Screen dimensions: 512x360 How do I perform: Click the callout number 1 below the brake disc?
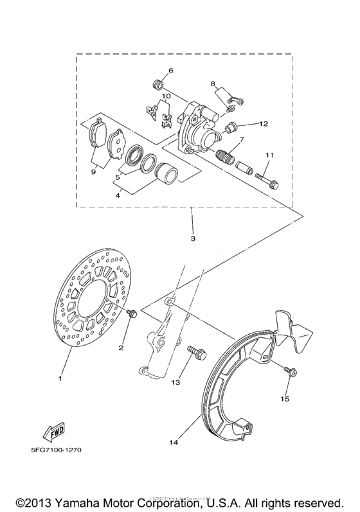60,378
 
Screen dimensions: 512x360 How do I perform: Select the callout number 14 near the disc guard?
174,442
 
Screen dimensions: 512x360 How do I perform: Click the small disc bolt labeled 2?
131,314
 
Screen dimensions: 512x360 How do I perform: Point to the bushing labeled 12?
232,125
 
